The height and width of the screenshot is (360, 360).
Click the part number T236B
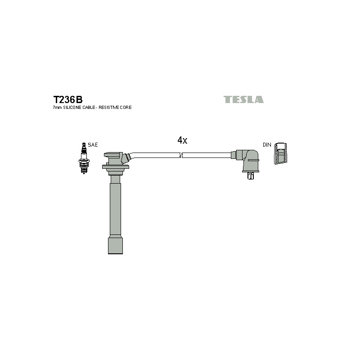[x=68, y=99]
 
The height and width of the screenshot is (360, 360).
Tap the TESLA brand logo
[x=243, y=99]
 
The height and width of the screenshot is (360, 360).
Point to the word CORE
[x=126, y=108]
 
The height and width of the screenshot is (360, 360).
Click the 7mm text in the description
[x=58, y=108]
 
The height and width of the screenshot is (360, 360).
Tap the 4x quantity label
[x=182, y=140]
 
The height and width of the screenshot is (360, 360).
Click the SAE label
[x=93, y=145]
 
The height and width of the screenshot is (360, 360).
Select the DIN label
[x=267, y=145]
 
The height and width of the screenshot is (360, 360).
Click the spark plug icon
[x=84, y=158]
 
